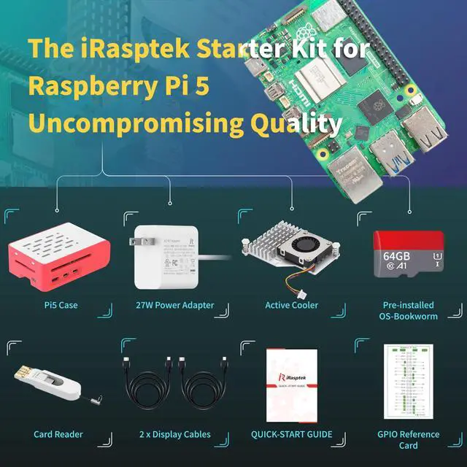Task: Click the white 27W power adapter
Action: click(166, 260)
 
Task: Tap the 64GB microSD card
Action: click(408, 255)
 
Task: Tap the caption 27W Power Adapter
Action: click(175, 305)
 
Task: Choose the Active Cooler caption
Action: click(291, 305)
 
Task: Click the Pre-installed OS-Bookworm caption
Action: click(409, 311)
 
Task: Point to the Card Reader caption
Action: click(58, 434)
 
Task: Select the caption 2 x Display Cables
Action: click(175, 434)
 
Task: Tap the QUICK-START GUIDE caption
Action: click(291, 434)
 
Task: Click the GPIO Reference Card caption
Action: click(409, 440)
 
